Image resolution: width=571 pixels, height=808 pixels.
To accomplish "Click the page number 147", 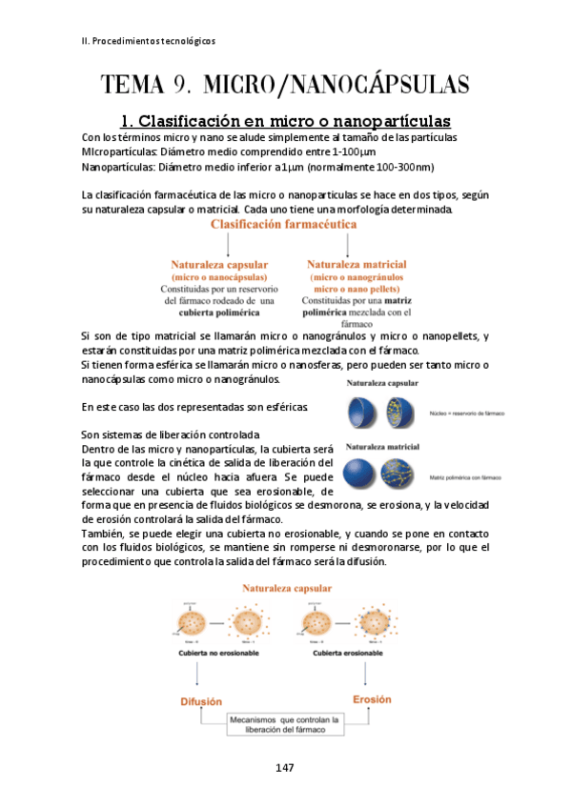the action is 285,767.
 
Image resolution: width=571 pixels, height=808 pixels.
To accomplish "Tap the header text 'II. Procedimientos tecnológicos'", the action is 148,41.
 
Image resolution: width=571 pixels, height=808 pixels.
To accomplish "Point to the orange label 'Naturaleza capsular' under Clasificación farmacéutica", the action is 218,264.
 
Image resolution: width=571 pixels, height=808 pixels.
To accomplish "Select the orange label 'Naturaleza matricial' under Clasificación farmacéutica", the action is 357,264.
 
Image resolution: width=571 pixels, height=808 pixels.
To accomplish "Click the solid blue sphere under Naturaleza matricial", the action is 361,473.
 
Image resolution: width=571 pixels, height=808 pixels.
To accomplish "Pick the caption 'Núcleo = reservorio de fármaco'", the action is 467,414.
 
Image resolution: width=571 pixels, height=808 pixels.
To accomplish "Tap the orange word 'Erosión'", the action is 371,698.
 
